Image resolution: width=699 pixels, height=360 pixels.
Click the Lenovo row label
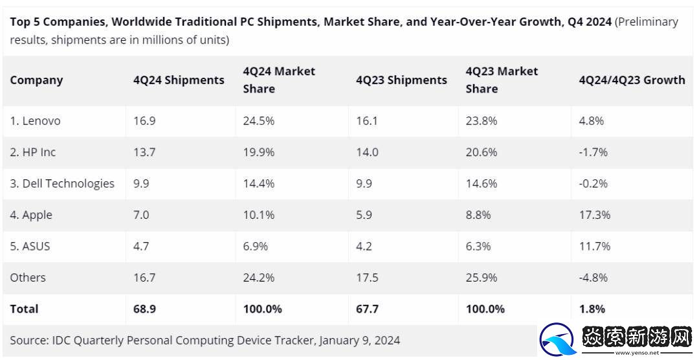(35, 121)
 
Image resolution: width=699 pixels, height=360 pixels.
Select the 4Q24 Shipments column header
(179, 80)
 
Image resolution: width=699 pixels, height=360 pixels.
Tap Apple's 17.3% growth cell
(594, 215)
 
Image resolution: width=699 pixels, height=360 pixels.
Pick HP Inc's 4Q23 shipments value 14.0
(368, 152)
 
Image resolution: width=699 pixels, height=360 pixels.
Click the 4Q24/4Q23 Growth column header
(632, 80)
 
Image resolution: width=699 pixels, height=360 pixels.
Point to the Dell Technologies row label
(62, 183)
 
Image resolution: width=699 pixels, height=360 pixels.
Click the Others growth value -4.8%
(593, 277)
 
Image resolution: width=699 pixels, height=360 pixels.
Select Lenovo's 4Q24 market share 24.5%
(258, 121)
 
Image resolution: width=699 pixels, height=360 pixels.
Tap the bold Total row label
(24, 309)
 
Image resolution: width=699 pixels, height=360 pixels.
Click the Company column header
(36, 80)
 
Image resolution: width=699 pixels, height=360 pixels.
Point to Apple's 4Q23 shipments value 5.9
(364, 215)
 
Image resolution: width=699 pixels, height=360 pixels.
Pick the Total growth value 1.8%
(592, 309)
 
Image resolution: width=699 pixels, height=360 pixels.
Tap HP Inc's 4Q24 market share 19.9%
(258, 152)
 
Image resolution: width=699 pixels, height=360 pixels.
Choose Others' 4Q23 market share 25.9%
(482, 277)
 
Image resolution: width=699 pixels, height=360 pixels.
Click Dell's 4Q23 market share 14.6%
(482, 183)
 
